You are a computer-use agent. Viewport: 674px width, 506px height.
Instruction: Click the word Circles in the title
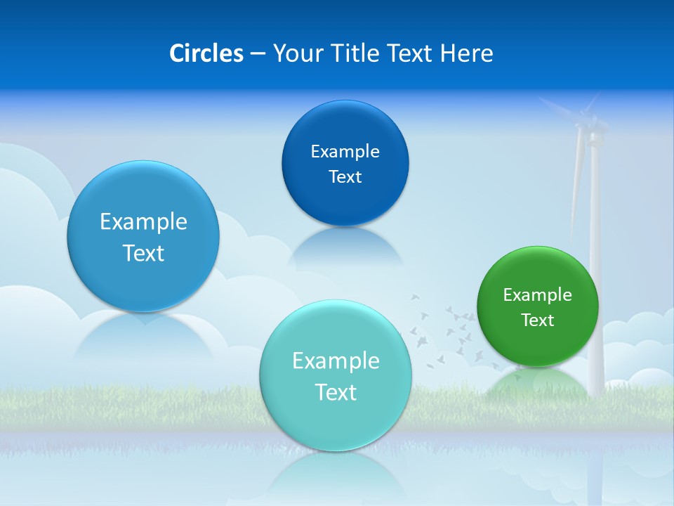tap(206, 53)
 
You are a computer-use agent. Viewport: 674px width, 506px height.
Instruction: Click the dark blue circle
tap(345, 163)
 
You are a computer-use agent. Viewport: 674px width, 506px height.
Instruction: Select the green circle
tap(537, 306)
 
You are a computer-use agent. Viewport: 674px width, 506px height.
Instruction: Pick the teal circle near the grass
tap(336, 375)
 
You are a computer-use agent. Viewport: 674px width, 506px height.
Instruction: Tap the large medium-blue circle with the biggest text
tap(143, 236)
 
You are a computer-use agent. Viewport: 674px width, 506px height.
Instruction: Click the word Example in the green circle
tap(537, 294)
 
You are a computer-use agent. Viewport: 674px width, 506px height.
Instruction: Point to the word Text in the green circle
tap(538, 320)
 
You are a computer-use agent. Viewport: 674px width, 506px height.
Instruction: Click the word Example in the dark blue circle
tap(345, 151)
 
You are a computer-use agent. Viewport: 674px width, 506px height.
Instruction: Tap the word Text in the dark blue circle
tap(345, 177)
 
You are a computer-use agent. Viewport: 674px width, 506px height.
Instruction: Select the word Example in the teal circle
tap(336, 361)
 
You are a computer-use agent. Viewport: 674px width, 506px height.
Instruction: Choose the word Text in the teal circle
tap(336, 392)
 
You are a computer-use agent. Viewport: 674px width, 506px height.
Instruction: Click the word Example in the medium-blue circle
tap(143, 221)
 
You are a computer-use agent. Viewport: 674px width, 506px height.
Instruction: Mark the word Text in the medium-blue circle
tap(143, 253)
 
